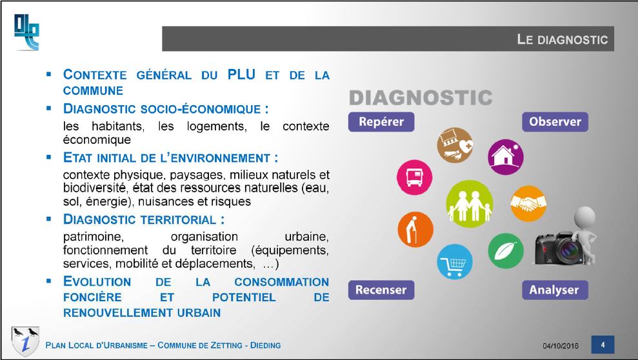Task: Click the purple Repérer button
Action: [381, 122]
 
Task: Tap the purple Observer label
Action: [555, 122]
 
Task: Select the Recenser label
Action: [381, 290]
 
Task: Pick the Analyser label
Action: [555, 290]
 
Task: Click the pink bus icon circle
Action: [415, 177]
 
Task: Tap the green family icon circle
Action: [470, 204]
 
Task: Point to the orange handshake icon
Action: [528, 203]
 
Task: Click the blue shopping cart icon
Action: [455, 261]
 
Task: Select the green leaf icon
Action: [506, 251]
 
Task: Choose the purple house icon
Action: [506, 157]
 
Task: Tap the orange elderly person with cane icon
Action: [415, 230]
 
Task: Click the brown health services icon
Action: [455, 145]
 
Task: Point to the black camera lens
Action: [566, 249]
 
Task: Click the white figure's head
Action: [584, 217]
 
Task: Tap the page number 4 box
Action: [603, 345]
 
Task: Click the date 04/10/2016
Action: [561, 346]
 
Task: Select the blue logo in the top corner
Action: [26, 32]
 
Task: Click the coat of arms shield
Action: [25, 341]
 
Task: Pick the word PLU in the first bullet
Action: [241, 74]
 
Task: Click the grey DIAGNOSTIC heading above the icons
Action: [421, 97]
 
